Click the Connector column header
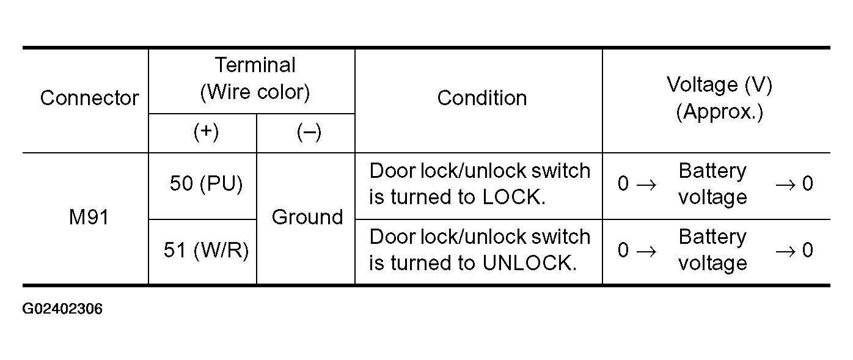(x=89, y=98)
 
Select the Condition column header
(x=481, y=98)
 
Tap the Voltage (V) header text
(x=719, y=84)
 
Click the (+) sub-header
(x=206, y=132)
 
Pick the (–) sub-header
(x=309, y=133)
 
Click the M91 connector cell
(x=89, y=217)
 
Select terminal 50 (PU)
(x=206, y=183)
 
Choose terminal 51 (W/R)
(x=206, y=250)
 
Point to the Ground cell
(x=307, y=217)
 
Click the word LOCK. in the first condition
(x=514, y=197)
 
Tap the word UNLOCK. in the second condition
(x=529, y=263)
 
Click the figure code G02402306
(x=62, y=309)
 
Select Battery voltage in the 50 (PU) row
(x=712, y=183)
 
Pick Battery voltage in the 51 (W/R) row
(x=712, y=250)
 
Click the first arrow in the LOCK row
(x=646, y=185)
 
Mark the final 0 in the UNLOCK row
(x=807, y=250)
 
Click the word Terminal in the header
(x=255, y=65)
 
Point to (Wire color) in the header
(x=255, y=92)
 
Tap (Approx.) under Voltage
(x=719, y=112)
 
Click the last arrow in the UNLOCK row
(x=785, y=251)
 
